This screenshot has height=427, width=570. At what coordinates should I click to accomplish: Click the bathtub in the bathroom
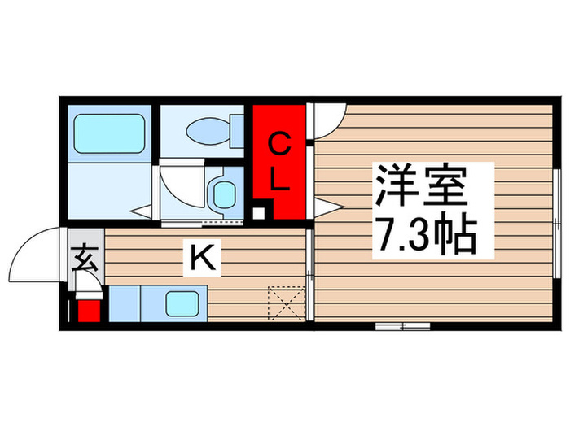(109, 133)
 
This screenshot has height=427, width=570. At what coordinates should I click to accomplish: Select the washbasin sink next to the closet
(221, 194)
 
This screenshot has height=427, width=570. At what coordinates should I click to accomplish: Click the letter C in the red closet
(279, 146)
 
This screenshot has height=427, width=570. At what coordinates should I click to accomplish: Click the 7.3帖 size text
(424, 236)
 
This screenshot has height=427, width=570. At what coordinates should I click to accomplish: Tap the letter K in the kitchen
(202, 259)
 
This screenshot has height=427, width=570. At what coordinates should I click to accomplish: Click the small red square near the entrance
(86, 310)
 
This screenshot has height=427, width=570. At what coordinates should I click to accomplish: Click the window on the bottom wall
(402, 325)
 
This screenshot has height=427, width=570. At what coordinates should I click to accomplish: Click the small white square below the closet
(258, 214)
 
